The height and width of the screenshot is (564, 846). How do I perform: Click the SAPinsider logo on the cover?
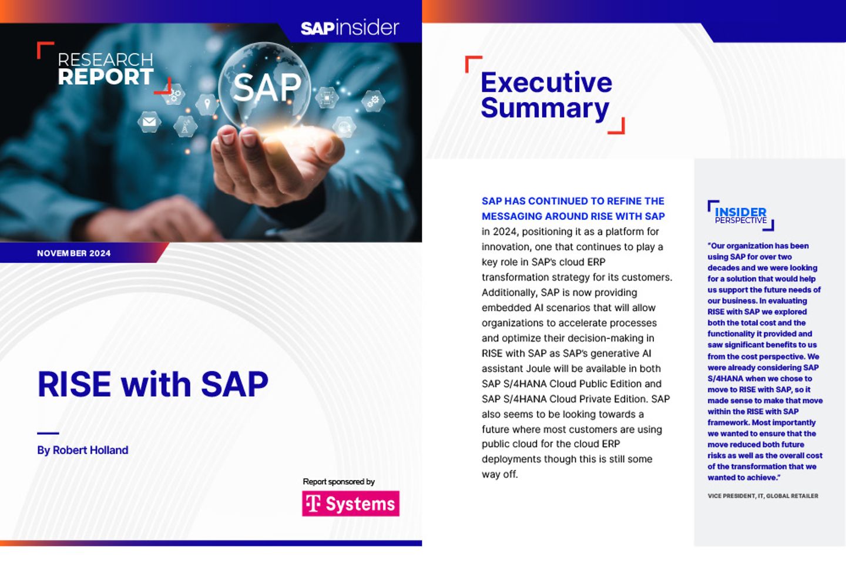coord(350,28)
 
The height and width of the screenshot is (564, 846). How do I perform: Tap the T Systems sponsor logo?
coord(351,503)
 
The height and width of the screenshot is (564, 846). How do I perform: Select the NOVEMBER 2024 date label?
coord(73,253)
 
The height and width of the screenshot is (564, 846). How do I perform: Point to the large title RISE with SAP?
coord(153,384)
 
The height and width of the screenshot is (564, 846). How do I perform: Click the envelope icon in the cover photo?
coord(149,122)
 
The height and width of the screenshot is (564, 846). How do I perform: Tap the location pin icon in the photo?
coord(207,105)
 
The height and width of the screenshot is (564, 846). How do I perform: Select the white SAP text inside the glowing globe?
coord(267,88)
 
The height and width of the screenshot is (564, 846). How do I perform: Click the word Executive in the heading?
coord(546,82)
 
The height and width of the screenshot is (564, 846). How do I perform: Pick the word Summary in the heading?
coord(545,109)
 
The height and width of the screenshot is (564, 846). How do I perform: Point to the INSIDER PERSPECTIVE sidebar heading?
coord(740,215)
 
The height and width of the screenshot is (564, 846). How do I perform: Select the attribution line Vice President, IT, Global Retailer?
coord(763,496)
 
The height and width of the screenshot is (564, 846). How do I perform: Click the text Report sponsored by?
coord(338,482)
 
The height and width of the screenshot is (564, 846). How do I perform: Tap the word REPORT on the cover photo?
coord(106,77)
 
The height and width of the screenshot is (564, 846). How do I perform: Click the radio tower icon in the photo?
coord(186,126)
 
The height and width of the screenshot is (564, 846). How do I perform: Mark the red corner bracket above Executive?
coord(473,63)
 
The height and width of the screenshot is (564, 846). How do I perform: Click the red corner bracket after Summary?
coord(617,126)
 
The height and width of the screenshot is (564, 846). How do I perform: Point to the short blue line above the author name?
coord(48,433)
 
